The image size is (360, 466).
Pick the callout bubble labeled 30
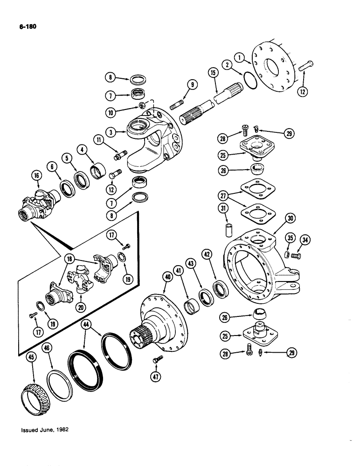click(291, 218)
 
